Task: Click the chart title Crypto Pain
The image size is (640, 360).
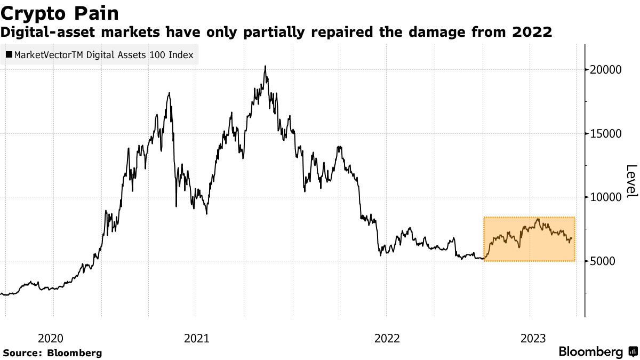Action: point(60,13)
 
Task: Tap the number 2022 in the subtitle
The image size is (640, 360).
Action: point(532,33)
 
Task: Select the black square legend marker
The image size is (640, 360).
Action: point(9,54)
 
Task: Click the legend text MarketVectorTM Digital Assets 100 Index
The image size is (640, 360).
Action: point(104,54)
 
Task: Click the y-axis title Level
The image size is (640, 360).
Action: point(631,181)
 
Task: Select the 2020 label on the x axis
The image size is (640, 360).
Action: point(52,338)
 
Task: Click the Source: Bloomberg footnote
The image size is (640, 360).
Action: point(52,353)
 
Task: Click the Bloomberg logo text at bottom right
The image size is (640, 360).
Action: point(590,352)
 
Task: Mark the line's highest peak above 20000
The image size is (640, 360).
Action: point(265,67)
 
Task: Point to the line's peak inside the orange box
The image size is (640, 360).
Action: point(538,219)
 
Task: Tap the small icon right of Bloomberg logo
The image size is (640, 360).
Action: point(633,352)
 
